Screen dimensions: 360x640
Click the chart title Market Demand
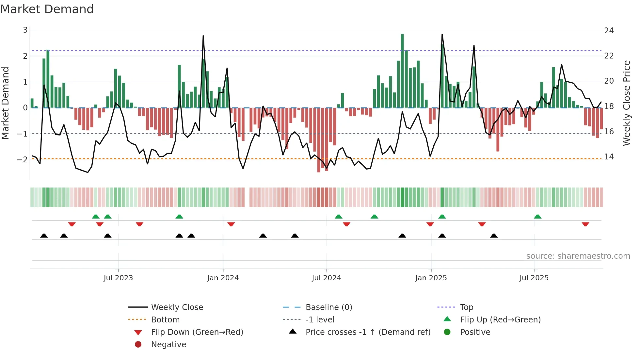[47, 9]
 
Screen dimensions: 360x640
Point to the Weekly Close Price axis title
[626, 103]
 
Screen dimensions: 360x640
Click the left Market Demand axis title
[5, 103]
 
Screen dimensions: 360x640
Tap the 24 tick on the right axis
[609, 31]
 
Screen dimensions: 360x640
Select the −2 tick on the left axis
[22, 159]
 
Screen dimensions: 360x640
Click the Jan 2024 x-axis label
[223, 278]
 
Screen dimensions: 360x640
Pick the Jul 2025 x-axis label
[534, 278]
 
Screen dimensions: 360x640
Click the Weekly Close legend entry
[177, 307]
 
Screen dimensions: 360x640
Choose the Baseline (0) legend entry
[328, 307]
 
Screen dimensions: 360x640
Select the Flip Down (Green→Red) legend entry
[197, 332]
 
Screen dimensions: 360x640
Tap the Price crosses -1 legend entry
[368, 332]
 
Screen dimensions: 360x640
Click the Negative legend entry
[168, 345]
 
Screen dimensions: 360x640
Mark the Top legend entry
[466, 307]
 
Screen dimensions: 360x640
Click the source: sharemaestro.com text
[578, 256]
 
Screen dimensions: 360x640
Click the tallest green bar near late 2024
[402, 70]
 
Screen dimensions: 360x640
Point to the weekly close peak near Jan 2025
[442, 34]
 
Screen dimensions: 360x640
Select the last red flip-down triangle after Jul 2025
[585, 224]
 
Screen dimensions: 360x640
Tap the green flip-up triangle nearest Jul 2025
[537, 217]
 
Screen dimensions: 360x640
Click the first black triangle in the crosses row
[44, 236]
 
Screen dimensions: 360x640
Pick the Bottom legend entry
[165, 320]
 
